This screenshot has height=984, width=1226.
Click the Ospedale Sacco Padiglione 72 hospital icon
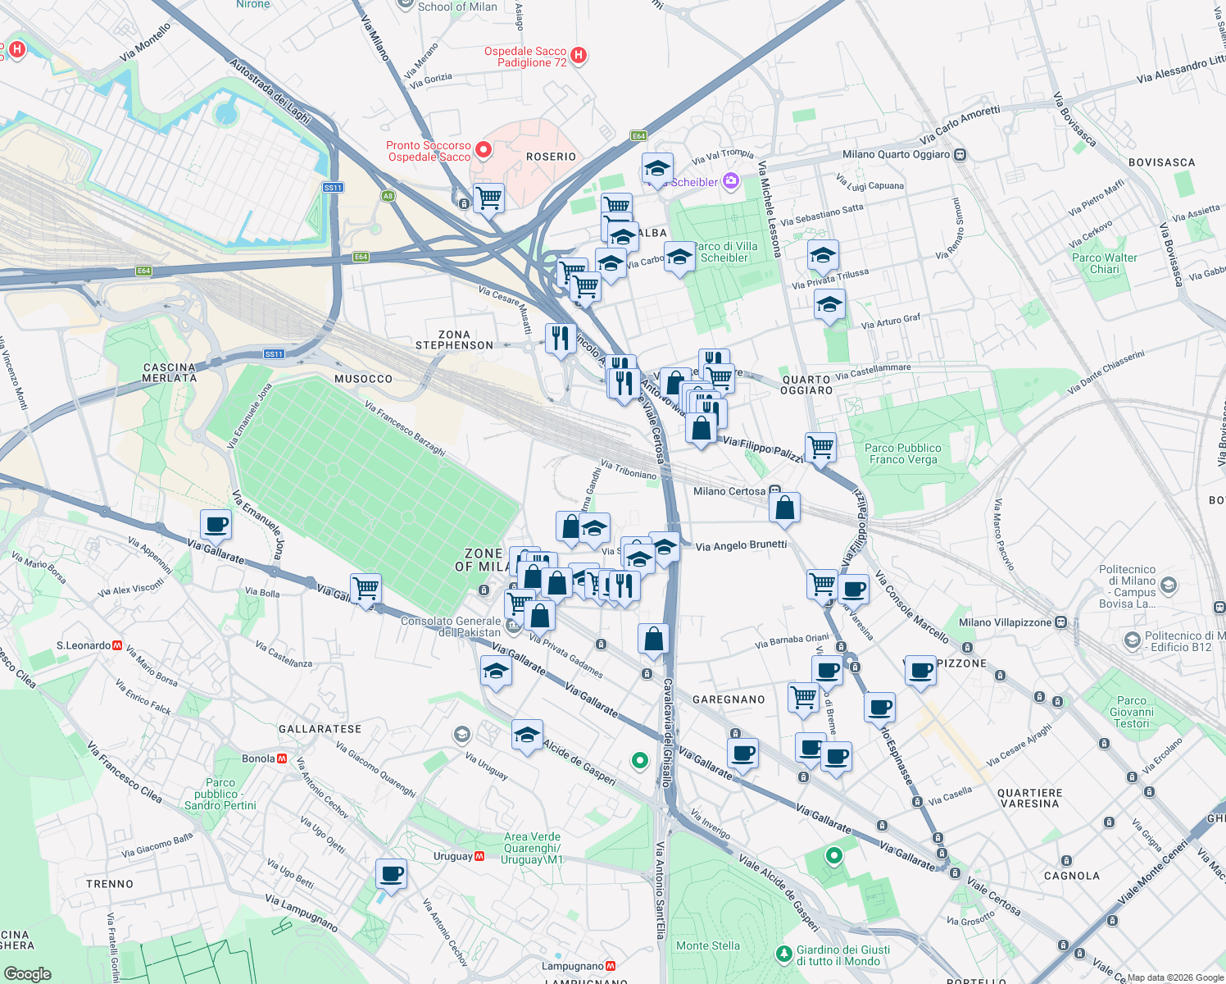click(x=579, y=56)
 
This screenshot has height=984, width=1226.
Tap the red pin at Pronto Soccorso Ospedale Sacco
click(x=484, y=150)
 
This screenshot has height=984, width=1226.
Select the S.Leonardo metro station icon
click(x=117, y=646)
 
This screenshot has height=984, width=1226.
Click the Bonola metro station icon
click(x=282, y=758)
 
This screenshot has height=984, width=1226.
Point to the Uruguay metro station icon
click(x=479, y=856)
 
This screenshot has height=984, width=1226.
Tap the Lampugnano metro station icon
click(x=610, y=966)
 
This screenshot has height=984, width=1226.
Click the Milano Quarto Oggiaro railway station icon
click(x=960, y=154)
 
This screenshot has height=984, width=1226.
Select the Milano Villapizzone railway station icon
click(x=1060, y=622)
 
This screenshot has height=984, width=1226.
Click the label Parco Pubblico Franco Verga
click(x=902, y=453)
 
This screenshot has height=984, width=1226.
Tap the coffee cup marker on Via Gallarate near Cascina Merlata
click(x=216, y=524)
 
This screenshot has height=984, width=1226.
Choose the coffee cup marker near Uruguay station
click(x=391, y=874)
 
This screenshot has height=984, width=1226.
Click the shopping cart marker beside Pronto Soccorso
click(x=488, y=197)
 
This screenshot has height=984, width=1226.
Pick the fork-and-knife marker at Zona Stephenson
click(x=561, y=337)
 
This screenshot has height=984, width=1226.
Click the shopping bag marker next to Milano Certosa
click(x=784, y=508)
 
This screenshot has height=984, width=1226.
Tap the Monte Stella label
click(x=707, y=945)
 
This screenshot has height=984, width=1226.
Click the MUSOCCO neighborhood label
click(x=363, y=379)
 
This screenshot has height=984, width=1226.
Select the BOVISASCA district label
click(x=1161, y=162)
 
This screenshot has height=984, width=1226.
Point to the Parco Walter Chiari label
click(x=1104, y=263)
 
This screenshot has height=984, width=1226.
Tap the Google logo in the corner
click(x=28, y=973)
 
